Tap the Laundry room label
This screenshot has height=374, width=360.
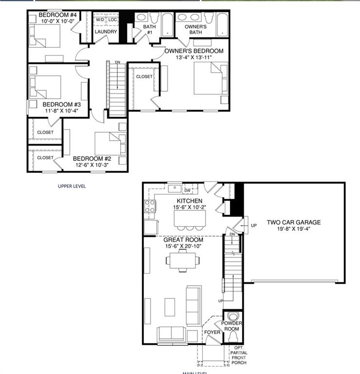106,32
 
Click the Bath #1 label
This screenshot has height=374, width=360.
149,30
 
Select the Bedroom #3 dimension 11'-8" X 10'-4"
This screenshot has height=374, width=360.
61,111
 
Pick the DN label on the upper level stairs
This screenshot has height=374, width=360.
117,62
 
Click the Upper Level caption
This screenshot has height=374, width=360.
72,186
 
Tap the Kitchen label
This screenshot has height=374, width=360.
189,201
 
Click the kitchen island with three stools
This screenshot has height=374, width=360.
189,220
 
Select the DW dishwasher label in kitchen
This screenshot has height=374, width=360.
187,190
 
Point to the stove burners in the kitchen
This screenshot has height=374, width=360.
149,206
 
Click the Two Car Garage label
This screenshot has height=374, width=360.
293,223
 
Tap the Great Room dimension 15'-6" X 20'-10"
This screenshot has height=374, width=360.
183,246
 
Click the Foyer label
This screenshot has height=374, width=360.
212,334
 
